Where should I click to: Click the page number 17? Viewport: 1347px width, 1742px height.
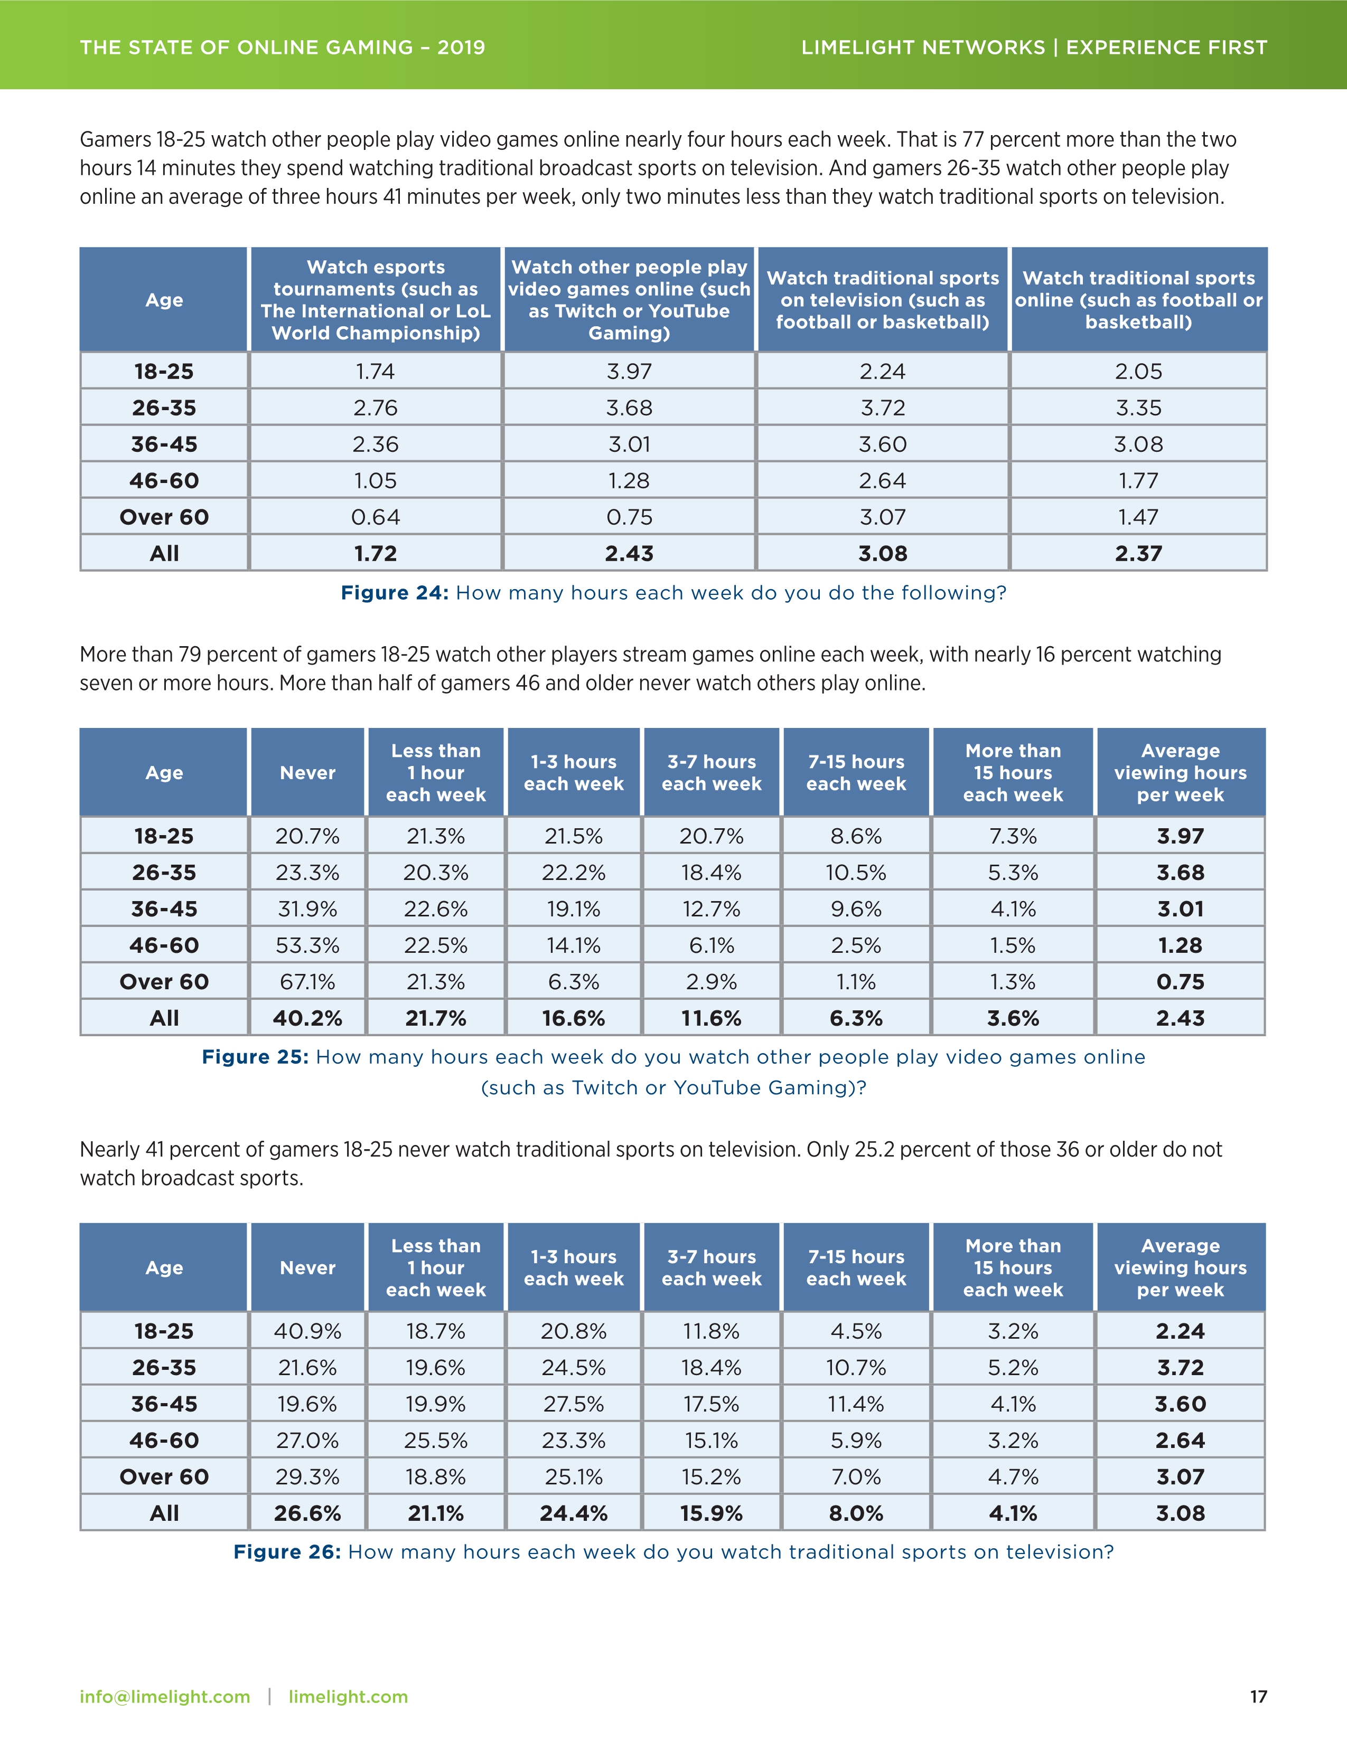click(x=1258, y=1697)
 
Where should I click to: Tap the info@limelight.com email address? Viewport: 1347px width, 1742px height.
click(x=164, y=1697)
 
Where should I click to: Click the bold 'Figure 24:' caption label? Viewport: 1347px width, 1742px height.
click(x=394, y=593)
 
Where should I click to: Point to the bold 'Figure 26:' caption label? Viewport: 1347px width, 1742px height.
click(x=286, y=1551)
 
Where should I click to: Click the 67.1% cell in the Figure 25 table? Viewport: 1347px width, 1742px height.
click(x=307, y=981)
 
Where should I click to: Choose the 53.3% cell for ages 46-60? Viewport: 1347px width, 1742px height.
click(x=307, y=945)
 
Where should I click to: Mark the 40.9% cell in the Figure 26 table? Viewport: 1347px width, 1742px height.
click(x=307, y=1331)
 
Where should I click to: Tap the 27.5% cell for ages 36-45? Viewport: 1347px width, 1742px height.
click(x=573, y=1404)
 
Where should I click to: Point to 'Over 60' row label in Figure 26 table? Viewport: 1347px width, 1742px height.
click(x=164, y=1476)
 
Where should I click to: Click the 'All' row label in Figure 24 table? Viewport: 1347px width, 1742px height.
click(x=164, y=554)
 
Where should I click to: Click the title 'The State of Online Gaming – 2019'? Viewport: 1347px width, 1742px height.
click(x=283, y=47)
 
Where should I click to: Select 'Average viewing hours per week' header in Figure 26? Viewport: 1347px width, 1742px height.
click(x=1180, y=1267)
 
